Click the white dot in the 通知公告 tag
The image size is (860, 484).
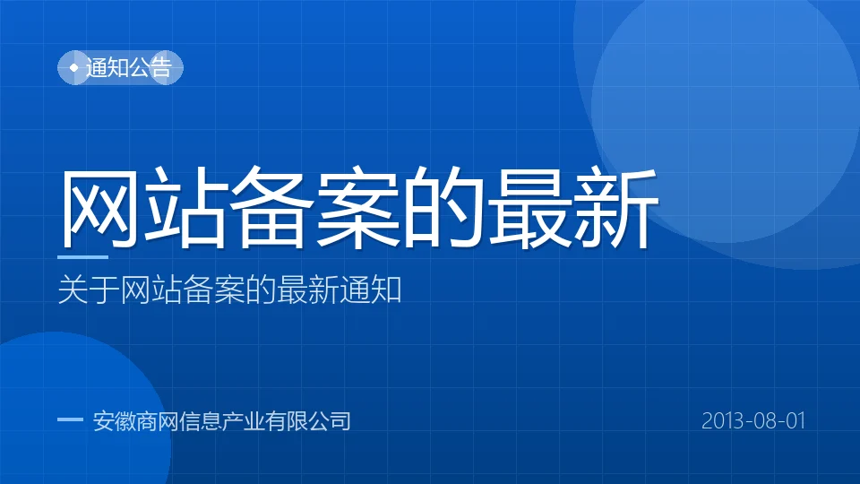74,67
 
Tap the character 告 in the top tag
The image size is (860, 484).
161,67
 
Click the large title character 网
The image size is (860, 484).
99,207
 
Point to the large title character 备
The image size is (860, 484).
271,207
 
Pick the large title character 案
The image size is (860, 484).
357,207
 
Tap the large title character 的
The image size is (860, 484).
443,207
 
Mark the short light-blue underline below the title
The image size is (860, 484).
82,256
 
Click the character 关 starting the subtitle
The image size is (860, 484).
73,290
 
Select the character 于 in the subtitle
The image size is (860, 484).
104,290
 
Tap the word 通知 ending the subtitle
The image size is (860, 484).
371,290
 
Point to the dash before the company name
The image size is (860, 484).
70,419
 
